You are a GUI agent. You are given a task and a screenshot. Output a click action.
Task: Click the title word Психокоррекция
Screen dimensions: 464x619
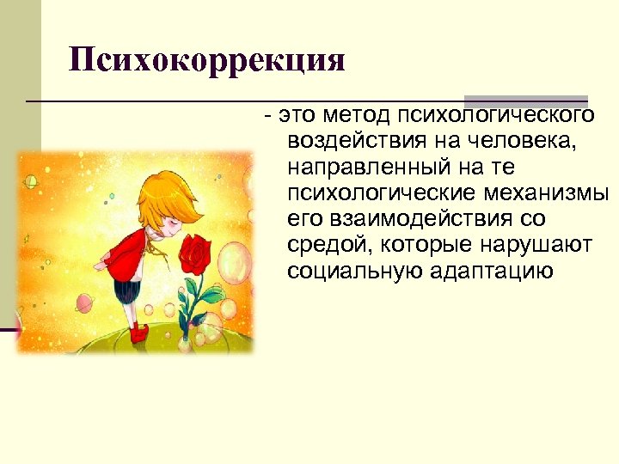click(207, 60)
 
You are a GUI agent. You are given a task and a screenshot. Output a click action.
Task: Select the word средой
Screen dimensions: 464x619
click(326, 246)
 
